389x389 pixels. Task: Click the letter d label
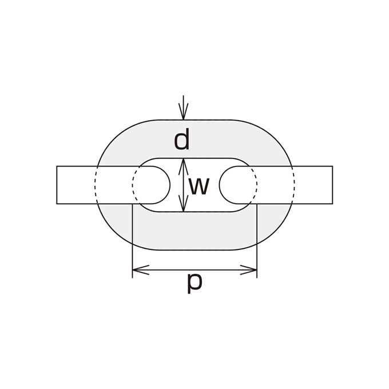tap(181, 139)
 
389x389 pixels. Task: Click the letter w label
tap(199, 186)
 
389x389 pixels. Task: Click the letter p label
tap(194, 284)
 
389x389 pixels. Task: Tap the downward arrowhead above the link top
tap(183, 112)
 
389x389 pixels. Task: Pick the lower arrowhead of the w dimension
tap(183, 204)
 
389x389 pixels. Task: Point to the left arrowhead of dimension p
tap(140, 269)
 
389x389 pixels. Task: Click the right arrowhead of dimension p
tap(249, 269)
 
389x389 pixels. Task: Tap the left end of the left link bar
tap(57, 185)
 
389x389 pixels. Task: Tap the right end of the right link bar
tap(332, 185)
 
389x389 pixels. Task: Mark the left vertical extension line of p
tap(133, 241)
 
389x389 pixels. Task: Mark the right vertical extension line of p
tap(257, 241)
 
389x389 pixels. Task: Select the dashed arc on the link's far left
tap(95, 185)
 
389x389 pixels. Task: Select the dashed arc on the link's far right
tap(295, 185)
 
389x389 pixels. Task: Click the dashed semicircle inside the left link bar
tap(133, 185)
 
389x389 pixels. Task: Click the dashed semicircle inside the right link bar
tap(257, 185)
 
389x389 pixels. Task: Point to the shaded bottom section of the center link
tap(194, 231)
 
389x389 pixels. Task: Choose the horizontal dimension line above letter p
tap(194, 269)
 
